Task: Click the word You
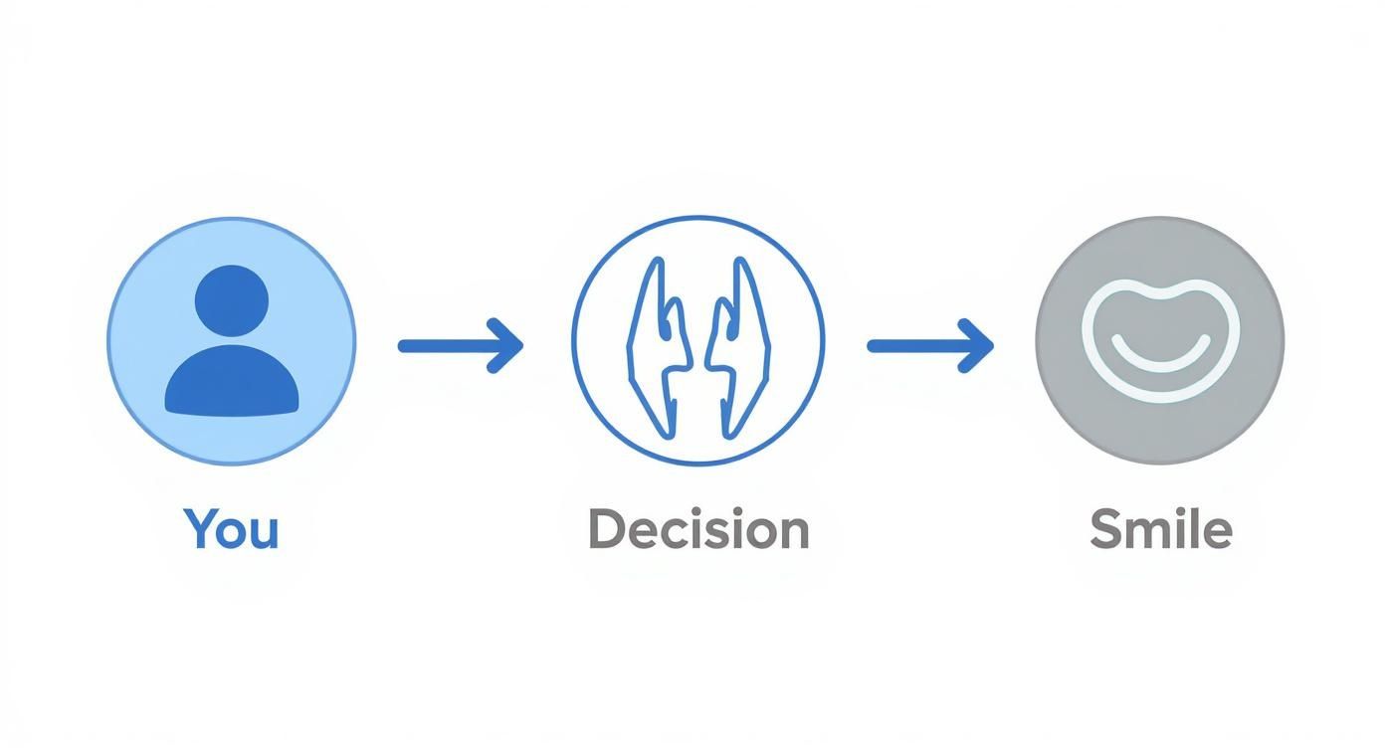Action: (231, 529)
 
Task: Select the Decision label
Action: (698, 529)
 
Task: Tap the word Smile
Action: (1160, 529)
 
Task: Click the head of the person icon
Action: (232, 300)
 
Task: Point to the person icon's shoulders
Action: (232, 383)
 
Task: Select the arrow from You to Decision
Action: (460, 346)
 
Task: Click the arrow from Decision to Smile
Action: (929, 346)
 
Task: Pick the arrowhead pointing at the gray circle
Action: (978, 346)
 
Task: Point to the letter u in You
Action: (264, 533)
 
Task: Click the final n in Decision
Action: (794, 533)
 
